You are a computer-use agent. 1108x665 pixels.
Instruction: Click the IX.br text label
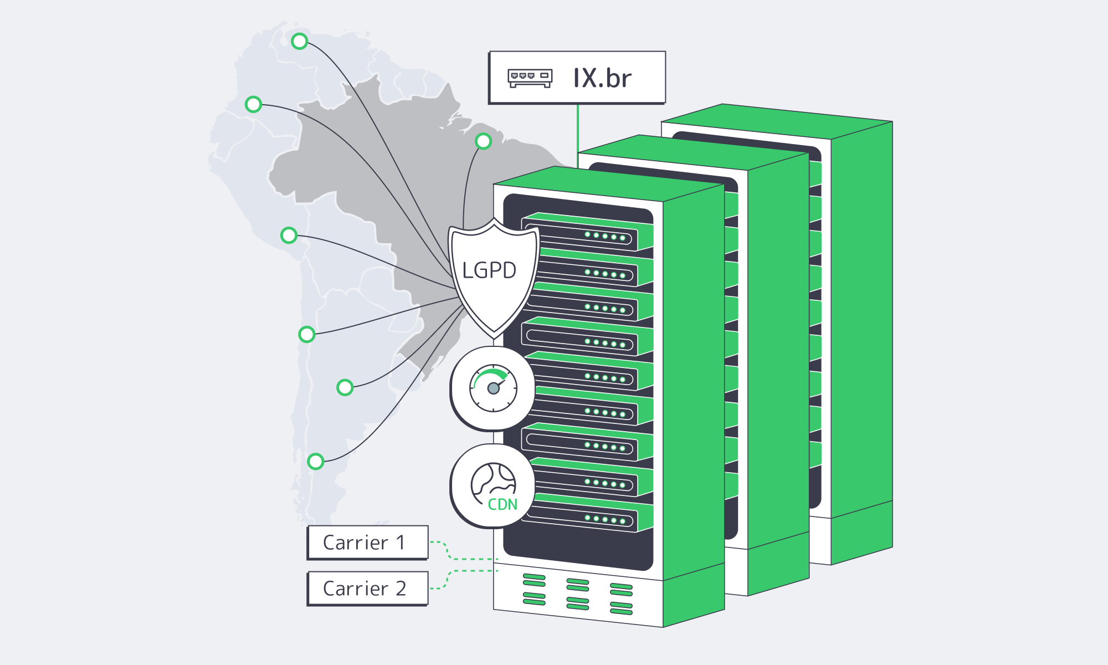click(x=602, y=78)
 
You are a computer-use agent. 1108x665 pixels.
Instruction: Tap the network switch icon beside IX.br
click(x=530, y=78)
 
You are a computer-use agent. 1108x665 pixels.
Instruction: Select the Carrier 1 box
click(x=368, y=542)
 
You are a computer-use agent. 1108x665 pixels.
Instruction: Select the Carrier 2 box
click(x=368, y=588)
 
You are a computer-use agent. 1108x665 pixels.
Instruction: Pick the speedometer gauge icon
click(x=493, y=388)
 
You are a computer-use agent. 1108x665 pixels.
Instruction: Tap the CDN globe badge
click(x=493, y=487)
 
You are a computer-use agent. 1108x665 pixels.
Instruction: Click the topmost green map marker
click(x=300, y=41)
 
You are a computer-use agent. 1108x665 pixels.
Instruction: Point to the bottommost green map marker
click(x=315, y=461)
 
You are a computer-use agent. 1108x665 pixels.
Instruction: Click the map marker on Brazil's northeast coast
click(x=483, y=141)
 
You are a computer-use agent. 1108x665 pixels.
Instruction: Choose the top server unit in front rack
click(x=587, y=233)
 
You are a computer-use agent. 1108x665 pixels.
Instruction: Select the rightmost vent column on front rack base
click(x=621, y=599)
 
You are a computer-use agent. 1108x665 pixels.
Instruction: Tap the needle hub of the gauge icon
click(x=493, y=388)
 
